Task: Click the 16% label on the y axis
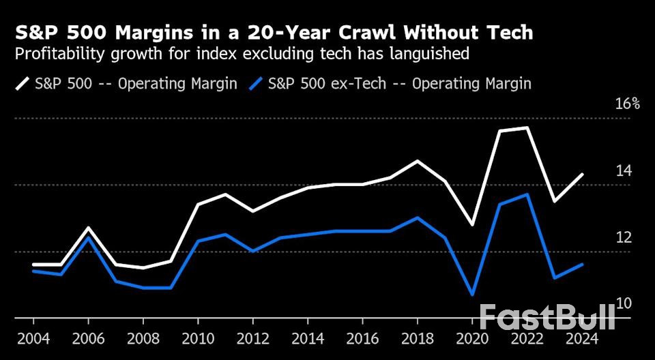[x=627, y=104]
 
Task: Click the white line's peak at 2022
[x=526, y=127]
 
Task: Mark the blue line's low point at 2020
[x=471, y=295]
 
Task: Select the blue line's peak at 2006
[x=88, y=237]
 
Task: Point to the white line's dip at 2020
[x=471, y=224]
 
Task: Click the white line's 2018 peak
[x=417, y=161]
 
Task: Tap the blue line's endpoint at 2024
[x=581, y=265]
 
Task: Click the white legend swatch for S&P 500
[x=23, y=84]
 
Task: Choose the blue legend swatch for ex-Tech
[x=256, y=84]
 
